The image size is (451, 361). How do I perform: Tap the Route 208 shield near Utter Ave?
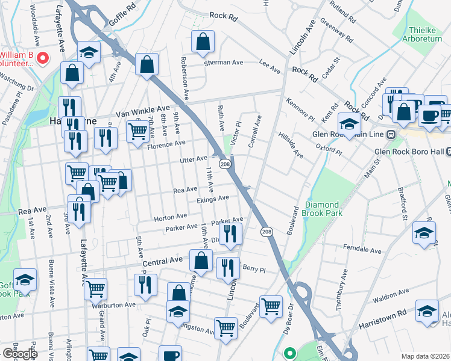(224, 164)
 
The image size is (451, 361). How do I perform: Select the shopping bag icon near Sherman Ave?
(203, 42)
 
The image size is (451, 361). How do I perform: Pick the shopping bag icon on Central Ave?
(201, 261)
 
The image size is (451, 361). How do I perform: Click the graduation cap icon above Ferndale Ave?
(424, 233)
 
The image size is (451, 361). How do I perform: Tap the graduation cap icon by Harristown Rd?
(427, 310)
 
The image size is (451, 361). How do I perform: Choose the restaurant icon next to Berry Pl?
(227, 268)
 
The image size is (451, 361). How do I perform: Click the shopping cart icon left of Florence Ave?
(138, 131)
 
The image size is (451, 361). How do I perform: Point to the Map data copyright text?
(425, 356)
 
